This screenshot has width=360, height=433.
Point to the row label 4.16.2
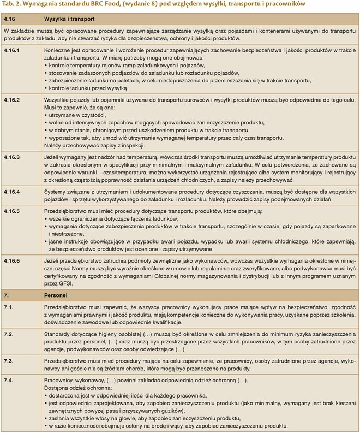click(14, 100)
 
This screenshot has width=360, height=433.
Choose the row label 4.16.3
click(14, 157)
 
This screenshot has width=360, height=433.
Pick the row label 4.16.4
click(14, 191)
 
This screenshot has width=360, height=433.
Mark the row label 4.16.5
click(14, 210)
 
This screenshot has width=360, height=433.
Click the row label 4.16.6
click(14, 262)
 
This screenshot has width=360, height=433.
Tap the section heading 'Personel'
click(55, 295)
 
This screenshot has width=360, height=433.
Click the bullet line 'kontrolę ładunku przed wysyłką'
click(88, 88)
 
